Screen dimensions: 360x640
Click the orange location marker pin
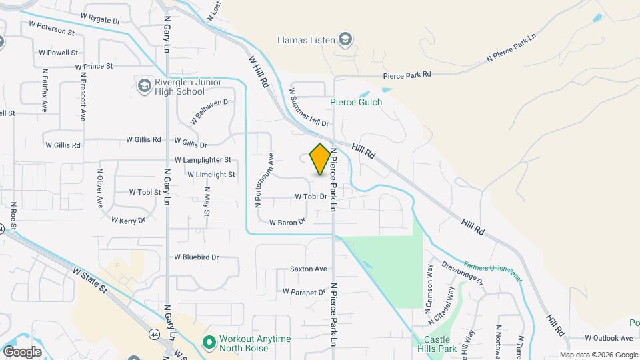point(320,159)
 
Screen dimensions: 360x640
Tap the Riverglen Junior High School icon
point(144,86)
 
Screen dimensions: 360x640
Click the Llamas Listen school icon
point(345,40)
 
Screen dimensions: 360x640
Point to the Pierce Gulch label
point(356,102)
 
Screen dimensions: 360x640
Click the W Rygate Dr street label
point(100,17)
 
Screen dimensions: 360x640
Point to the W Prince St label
point(93,67)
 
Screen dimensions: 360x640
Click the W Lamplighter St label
point(203,160)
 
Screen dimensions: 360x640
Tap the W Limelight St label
point(211,175)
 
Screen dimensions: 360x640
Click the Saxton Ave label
point(308,269)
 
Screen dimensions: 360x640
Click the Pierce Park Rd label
point(407,75)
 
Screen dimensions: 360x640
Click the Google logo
point(22,351)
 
